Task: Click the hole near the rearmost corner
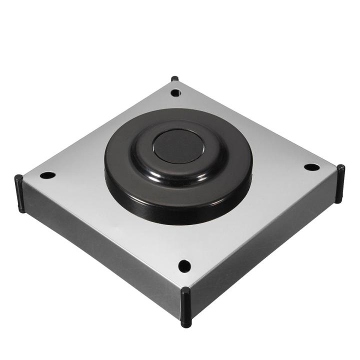coord(175,92)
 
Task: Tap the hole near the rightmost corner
coord(311,167)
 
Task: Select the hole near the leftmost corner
coord(47,175)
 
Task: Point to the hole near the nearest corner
coord(184,265)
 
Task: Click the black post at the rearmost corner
coord(174,79)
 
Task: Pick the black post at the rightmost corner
coord(340,183)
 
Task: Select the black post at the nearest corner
coord(185,307)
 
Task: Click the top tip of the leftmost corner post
coord(18,177)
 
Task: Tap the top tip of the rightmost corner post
coord(340,167)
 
